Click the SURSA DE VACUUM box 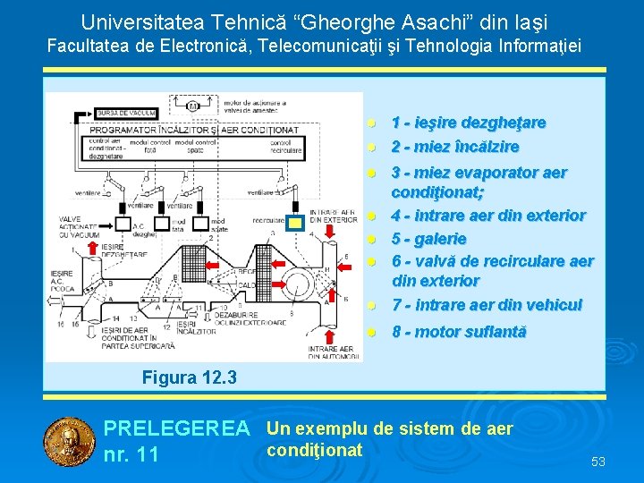pyautogui.click(x=127, y=114)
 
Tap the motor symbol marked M pyautogui.click(x=191, y=106)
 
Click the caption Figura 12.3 pyautogui.click(x=189, y=378)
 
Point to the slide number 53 pyautogui.click(x=598, y=462)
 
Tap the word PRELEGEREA pyautogui.click(x=176, y=429)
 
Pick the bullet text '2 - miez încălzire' pyautogui.click(x=455, y=146)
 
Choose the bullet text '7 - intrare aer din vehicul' pyautogui.click(x=487, y=305)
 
